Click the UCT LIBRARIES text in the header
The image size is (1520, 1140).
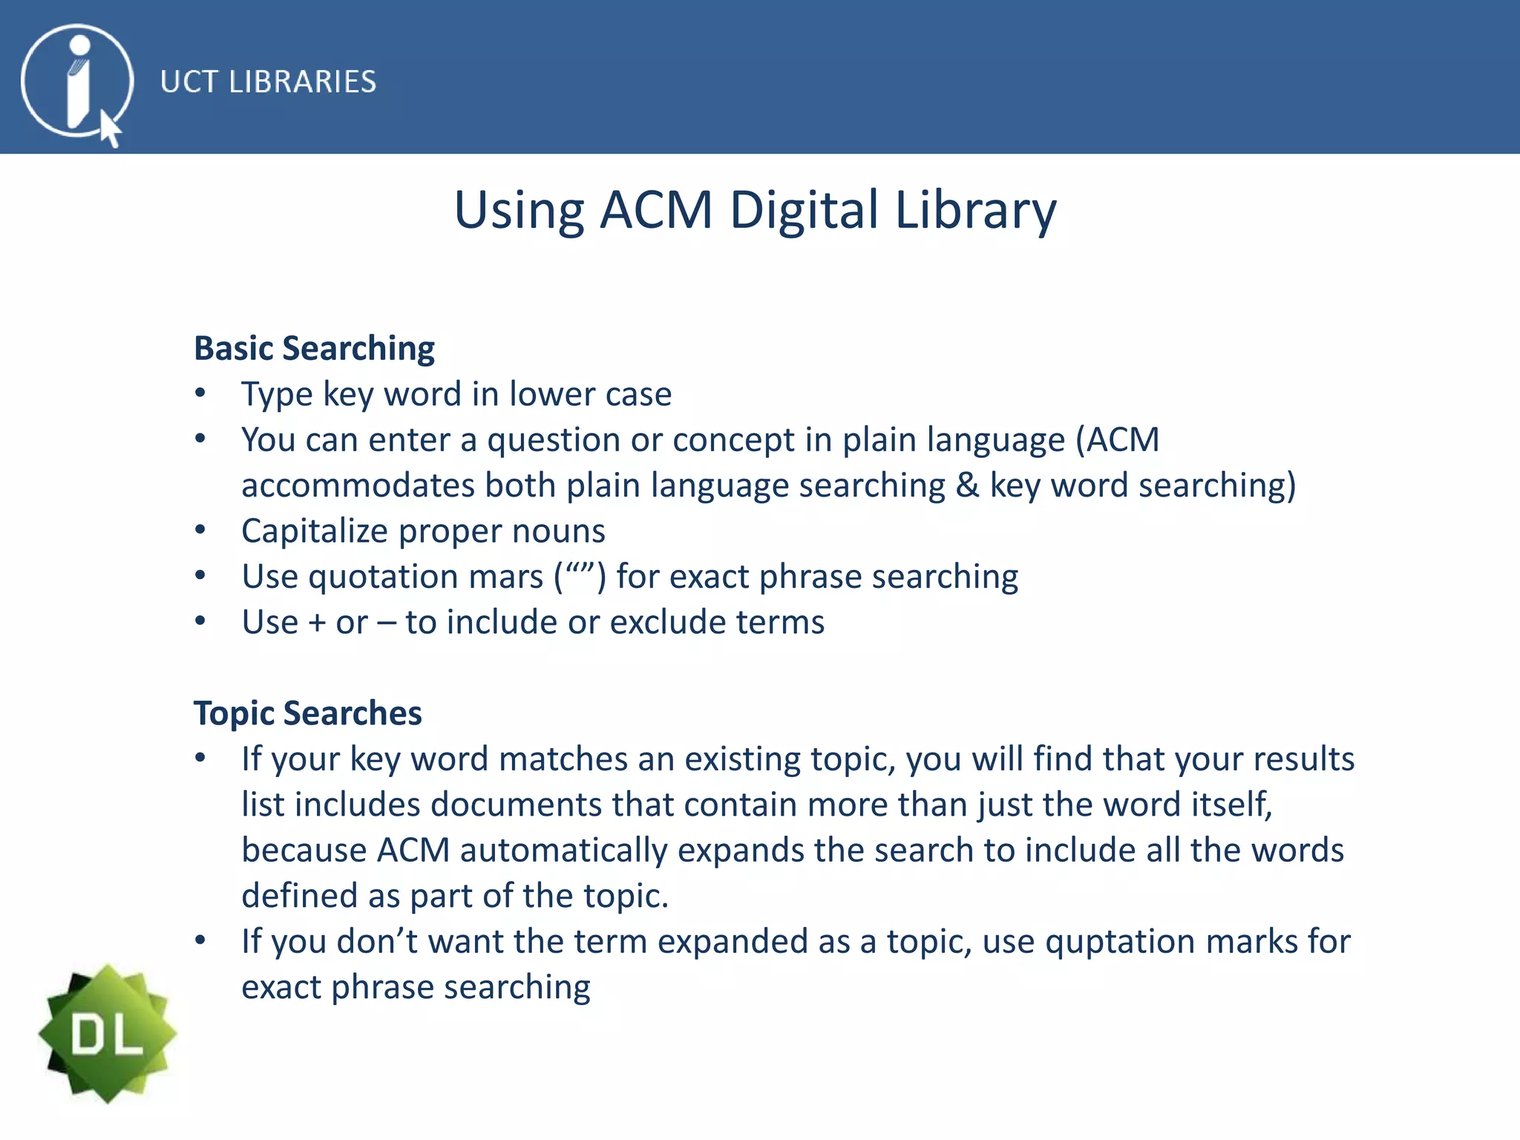tap(268, 82)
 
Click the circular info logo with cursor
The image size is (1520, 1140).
tap(77, 82)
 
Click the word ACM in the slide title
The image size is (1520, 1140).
tap(656, 210)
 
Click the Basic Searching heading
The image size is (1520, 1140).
tap(314, 348)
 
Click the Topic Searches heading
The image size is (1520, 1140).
tap(307, 713)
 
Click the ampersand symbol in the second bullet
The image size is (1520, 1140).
tap(967, 485)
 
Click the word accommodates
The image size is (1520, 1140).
tap(358, 486)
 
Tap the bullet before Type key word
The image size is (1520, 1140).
tap(200, 393)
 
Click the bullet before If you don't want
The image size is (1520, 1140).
tap(200, 940)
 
